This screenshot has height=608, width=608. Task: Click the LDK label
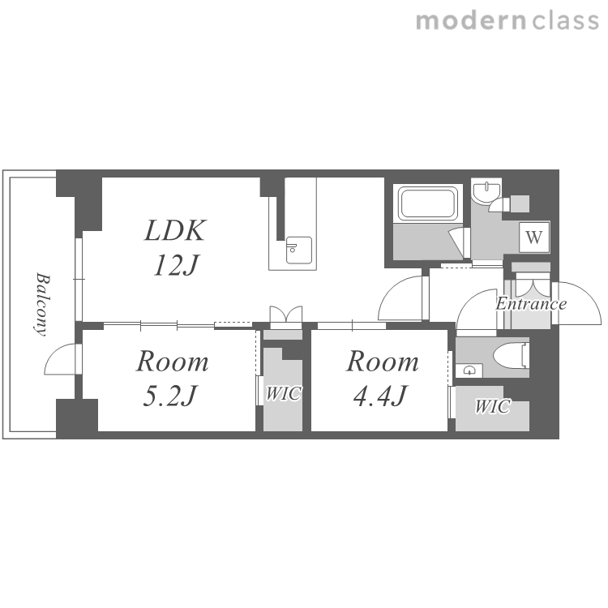pos(175,231)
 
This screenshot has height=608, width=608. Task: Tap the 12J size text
pos(176,265)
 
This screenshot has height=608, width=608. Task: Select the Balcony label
pos(42,304)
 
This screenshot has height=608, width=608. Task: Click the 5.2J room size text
pos(170,396)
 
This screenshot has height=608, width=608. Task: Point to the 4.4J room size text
pos(380,396)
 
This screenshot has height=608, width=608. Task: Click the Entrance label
pos(531,304)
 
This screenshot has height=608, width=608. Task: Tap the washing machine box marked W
pos(534,238)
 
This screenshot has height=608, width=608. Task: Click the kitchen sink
pos(299,250)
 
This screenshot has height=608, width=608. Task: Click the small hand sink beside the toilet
pos(469,370)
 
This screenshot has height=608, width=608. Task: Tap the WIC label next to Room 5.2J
pos(283,393)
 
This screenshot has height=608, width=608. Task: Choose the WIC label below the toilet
pos(492,406)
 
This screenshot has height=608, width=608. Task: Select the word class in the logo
pos(565,20)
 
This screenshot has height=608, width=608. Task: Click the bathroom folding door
pos(459,242)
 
